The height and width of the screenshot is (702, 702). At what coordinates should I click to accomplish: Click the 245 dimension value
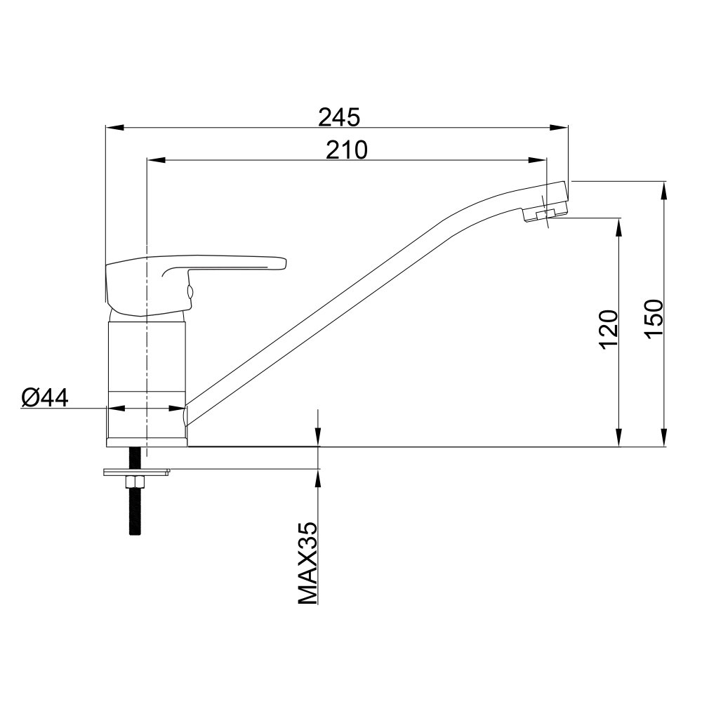click(339, 118)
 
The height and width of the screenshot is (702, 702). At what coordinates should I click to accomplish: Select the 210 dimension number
click(347, 150)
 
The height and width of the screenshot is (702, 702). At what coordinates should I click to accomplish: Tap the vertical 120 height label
click(609, 329)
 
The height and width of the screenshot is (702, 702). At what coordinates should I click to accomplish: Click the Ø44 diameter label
click(45, 397)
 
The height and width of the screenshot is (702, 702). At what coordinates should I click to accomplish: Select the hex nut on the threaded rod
click(135, 483)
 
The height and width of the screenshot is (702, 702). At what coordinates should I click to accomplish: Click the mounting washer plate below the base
click(137, 472)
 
